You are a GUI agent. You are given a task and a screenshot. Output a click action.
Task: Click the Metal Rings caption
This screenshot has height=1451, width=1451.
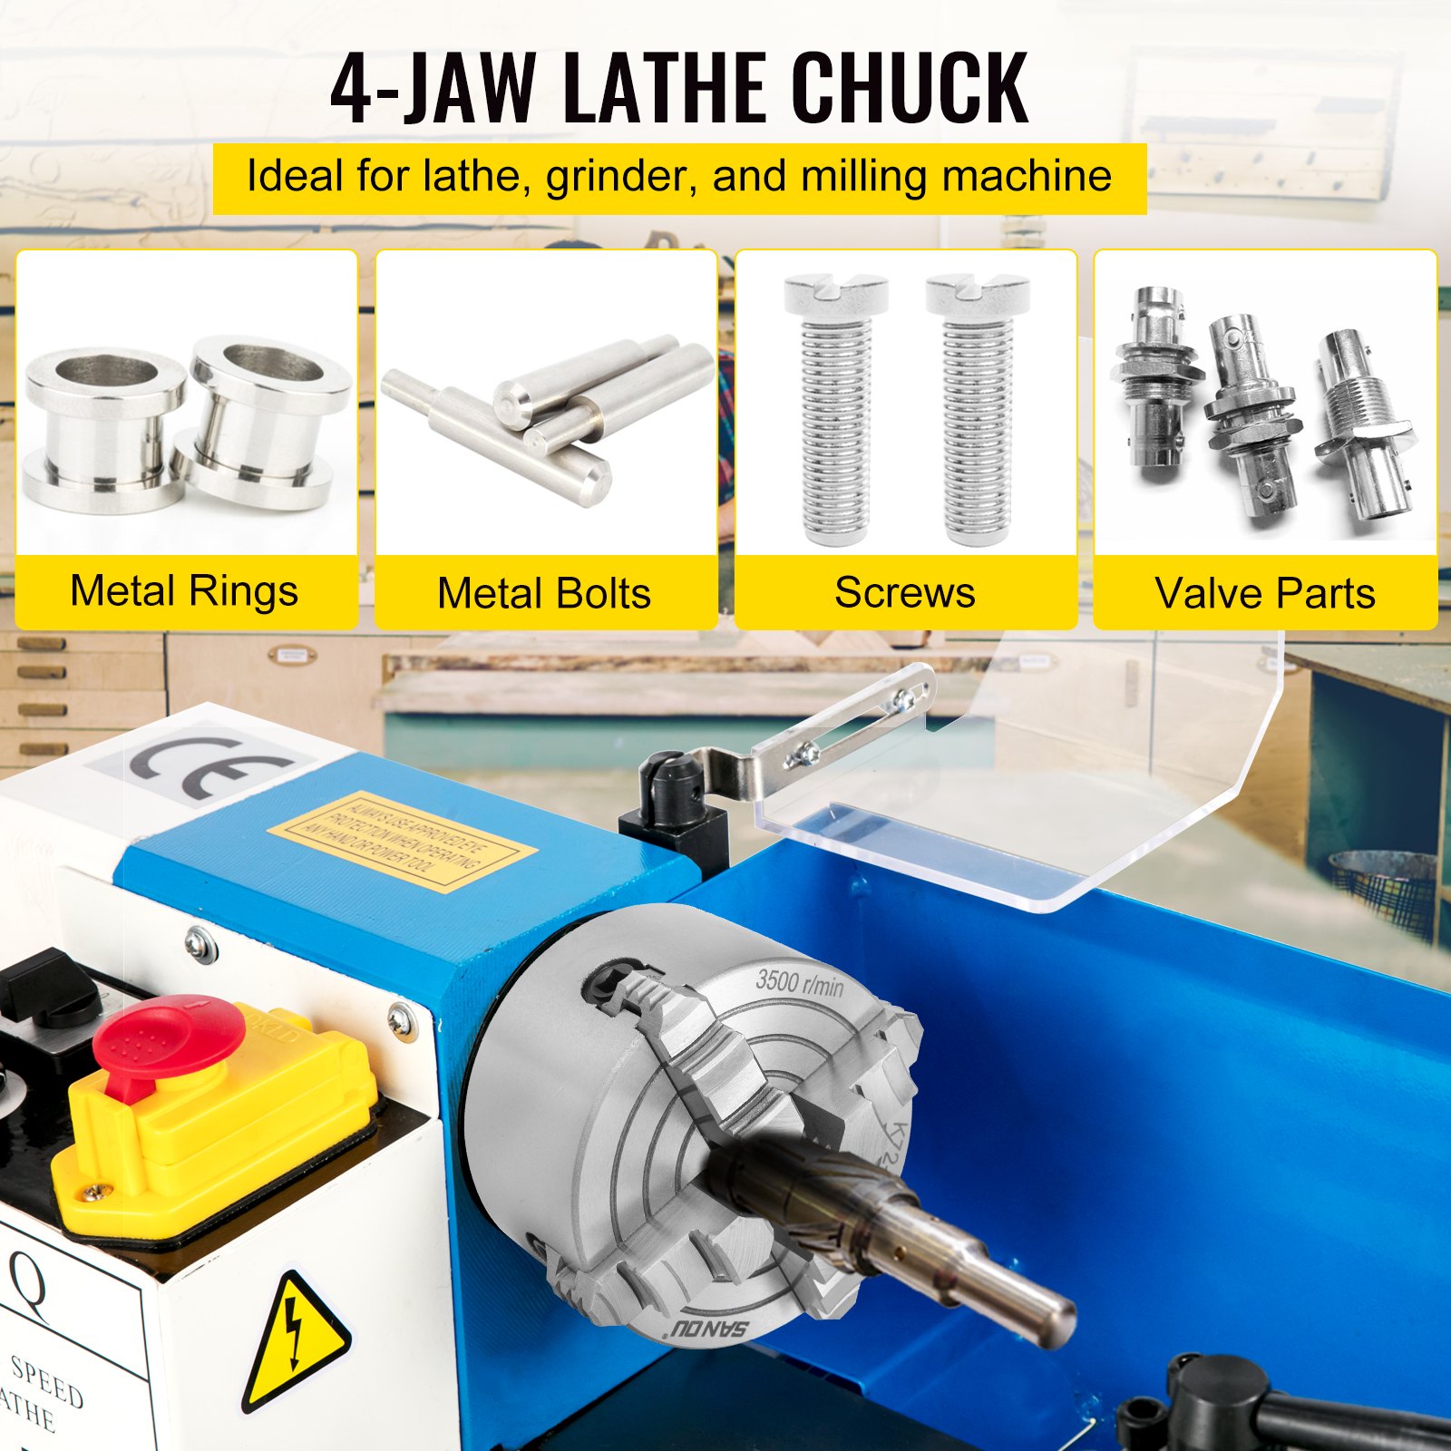(184, 591)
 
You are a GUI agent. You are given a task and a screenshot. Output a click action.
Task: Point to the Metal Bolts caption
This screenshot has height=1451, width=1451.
(544, 594)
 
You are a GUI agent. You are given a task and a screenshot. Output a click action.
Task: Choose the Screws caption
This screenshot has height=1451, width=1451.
(904, 593)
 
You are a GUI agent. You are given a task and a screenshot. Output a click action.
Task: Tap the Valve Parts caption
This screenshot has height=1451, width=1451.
(1264, 594)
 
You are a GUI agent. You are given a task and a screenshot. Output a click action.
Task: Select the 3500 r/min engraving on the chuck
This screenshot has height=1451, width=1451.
(799, 982)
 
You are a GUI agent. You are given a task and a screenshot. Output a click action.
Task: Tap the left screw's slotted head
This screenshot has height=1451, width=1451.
(835, 294)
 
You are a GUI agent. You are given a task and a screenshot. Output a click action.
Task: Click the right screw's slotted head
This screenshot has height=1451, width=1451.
(979, 294)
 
